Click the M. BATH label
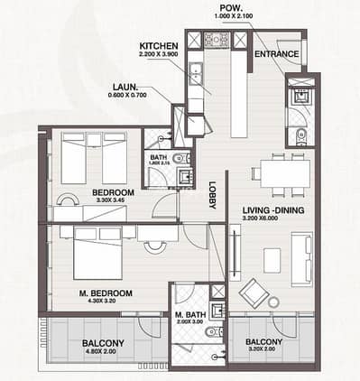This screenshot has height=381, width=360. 191,315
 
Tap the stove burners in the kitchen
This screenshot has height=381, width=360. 217,39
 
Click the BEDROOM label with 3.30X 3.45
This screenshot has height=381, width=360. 113,192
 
